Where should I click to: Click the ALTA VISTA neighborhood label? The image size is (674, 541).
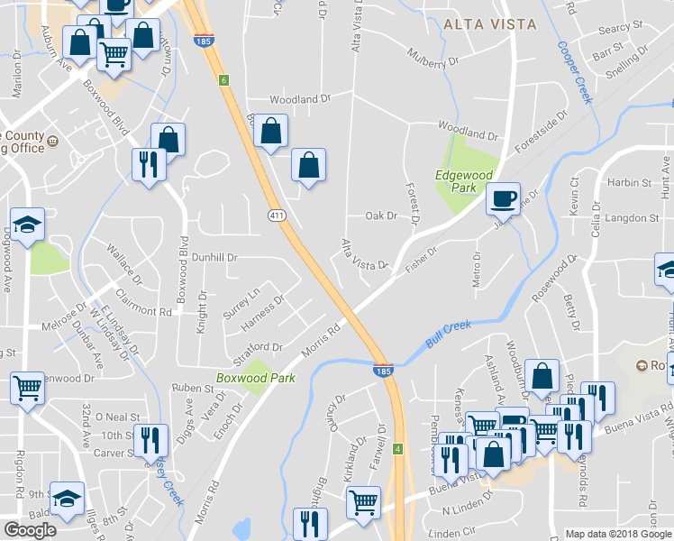[489, 24]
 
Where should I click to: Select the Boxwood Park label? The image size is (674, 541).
[243, 378]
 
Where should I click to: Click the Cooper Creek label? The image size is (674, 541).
[574, 71]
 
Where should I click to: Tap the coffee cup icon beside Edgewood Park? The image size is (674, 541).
[503, 197]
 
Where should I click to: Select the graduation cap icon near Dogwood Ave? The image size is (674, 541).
[27, 225]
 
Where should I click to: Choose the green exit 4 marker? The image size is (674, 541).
[397, 447]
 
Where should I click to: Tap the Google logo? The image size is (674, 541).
[31, 529]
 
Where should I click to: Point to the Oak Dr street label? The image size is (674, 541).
[380, 216]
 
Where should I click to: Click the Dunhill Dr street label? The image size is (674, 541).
[214, 257]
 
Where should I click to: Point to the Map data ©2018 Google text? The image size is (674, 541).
[617, 534]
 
